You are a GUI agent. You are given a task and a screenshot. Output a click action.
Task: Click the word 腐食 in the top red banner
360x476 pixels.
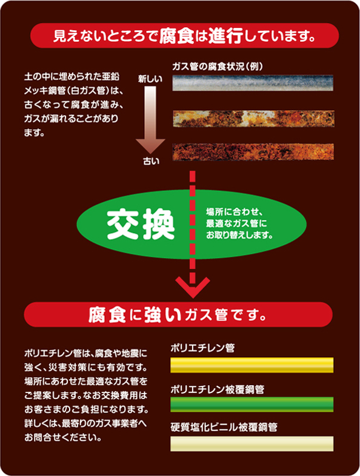(x=176, y=36)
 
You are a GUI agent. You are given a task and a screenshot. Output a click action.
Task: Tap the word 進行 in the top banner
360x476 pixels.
(x=225, y=36)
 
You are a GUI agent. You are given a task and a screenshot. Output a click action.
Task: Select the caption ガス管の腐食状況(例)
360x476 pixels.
(x=218, y=67)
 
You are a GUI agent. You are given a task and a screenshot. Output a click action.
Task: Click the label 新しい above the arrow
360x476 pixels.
(x=150, y=79)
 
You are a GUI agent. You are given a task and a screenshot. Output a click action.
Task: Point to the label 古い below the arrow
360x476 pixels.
(x=152, y=161)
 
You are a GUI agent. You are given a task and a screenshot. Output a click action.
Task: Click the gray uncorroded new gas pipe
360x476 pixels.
(x=253, y=83)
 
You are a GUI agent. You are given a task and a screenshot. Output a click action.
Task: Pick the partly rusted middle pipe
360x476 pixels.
(x=253, y=119)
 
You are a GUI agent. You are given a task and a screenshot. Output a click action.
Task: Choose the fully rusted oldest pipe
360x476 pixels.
(x=253, y=152)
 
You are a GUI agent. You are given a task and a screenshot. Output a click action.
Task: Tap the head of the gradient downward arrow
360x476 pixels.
(x=150, y=146)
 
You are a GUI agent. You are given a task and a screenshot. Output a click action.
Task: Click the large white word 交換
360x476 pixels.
(x=141, y=224)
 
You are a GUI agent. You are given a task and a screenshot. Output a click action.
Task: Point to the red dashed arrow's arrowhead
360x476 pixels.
(x=193, y=287)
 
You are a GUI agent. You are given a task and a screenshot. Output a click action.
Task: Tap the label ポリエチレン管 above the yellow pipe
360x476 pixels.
(x=202, y=348)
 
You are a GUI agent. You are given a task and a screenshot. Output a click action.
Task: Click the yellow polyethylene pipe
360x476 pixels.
(x=252, y=365)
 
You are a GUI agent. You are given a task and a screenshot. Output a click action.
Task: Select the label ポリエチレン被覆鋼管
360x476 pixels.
(x=217, y=389)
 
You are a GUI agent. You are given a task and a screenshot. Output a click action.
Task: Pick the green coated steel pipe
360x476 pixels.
(x=252, y=405)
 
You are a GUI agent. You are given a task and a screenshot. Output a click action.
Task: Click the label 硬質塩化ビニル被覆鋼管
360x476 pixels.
(x=224, y=427)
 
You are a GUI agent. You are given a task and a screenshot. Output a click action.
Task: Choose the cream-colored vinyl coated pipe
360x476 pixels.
(x=252, y=444)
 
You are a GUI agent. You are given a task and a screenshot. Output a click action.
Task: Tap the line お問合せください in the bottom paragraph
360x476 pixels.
(x=63, y=437)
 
